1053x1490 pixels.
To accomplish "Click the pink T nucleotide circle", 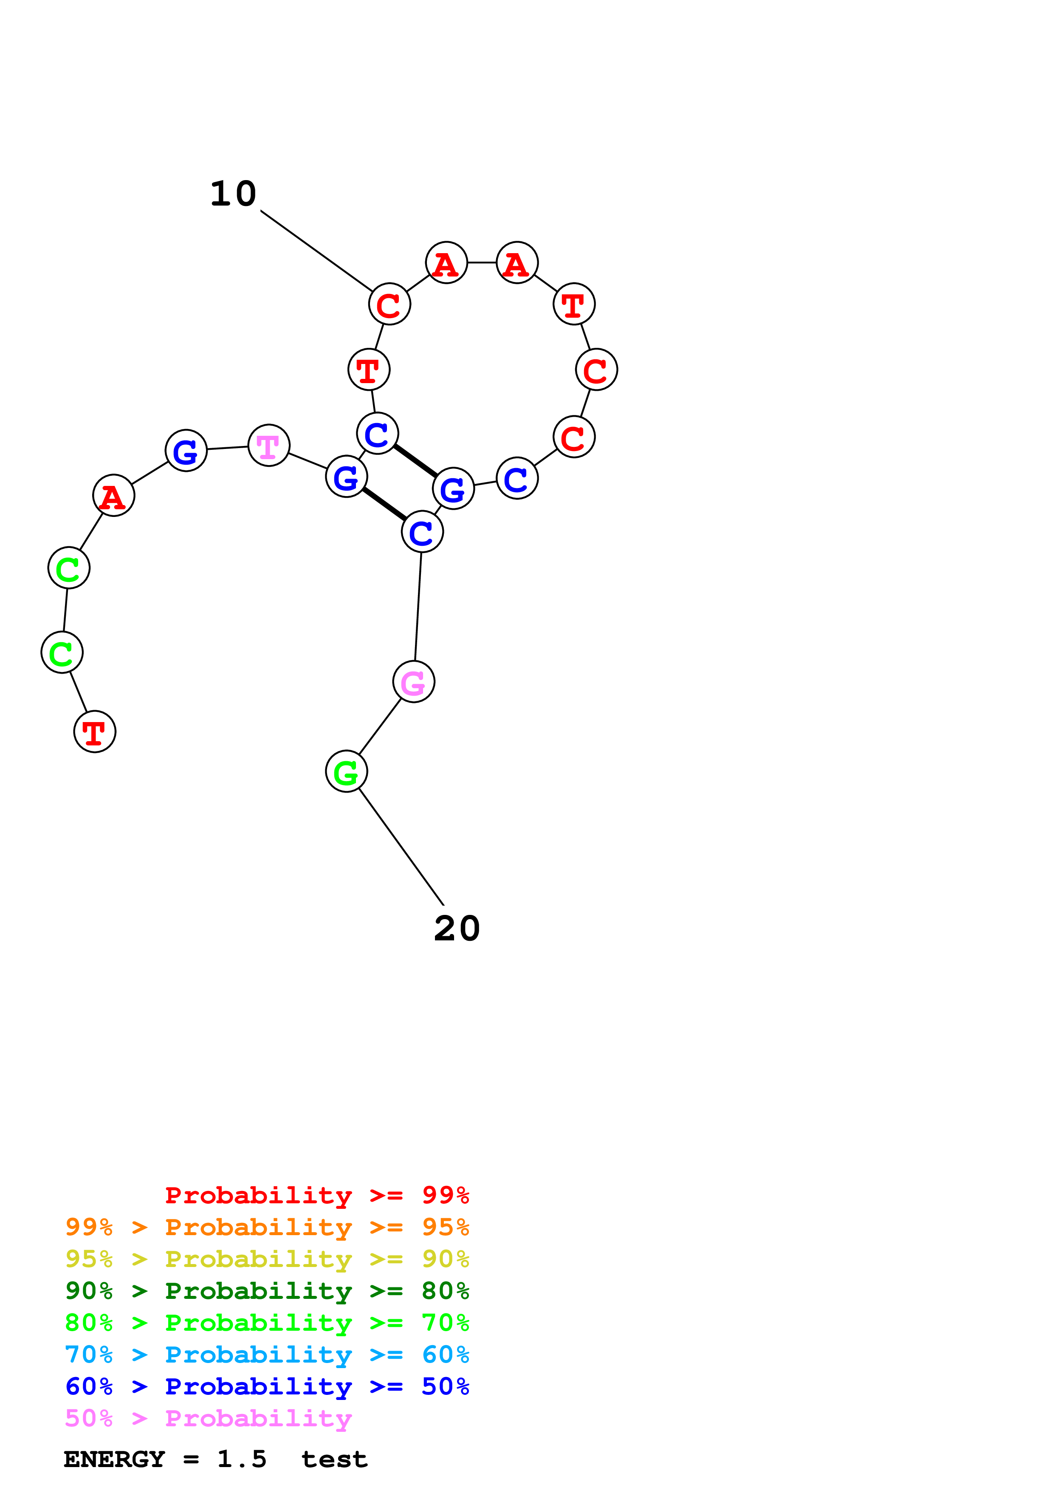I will [268, 445].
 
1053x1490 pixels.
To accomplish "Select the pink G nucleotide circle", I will [413, 681].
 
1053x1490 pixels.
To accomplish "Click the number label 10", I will [234, 194].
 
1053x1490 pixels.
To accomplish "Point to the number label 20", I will [457, 928].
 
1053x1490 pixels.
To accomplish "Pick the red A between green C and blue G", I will [113, 495].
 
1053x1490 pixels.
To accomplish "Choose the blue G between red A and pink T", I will [186, 450].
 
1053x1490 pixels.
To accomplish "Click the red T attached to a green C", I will [95, 731].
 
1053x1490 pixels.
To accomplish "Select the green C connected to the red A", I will [69, 568].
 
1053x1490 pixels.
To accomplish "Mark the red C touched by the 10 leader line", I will [389, 304].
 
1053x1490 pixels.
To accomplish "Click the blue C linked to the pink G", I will [422, 532].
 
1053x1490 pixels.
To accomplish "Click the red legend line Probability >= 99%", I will [316, 1195].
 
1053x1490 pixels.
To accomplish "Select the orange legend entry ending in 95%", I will [267, 1227].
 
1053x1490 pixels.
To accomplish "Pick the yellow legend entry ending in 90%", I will [267, 1259].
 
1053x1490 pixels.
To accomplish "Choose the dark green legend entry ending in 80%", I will [267, 1291].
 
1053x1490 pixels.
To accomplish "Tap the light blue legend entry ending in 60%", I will [267, 1355].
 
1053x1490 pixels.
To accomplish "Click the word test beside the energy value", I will [334, 1459].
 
